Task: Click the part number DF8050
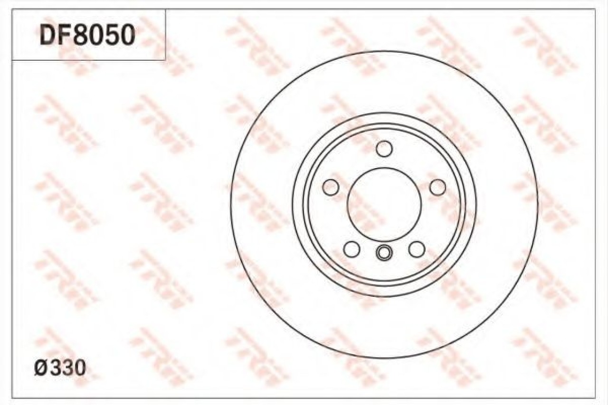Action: tap(87, 35)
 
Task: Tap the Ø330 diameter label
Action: tap(60, 368)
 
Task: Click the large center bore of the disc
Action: tap(384, 205)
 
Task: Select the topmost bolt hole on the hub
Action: tap(384, 149)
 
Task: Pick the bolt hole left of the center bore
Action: tap(331, 187)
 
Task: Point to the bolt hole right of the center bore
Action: tap(438, 187)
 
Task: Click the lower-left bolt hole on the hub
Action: tap(352, 249)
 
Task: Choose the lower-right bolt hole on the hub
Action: tap(417, 249)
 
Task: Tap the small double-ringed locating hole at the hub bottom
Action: tap(384, 253)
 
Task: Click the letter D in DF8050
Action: tap(48, 35)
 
